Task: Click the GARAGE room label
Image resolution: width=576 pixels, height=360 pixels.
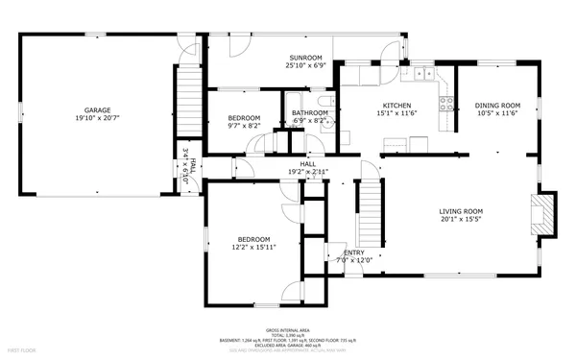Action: (x=97, y=110)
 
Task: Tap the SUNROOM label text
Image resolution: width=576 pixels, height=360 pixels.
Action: (x=306, y=58)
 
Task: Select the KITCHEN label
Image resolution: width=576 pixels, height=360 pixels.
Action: (x=397, y=106)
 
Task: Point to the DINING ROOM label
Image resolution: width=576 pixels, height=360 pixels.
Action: (x=497, y=106)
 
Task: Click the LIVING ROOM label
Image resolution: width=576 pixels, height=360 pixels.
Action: (x=461, y=211)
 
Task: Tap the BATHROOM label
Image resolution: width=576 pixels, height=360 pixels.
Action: (x=310, y=113)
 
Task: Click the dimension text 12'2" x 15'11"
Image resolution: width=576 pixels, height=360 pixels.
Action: (x=254, y=247)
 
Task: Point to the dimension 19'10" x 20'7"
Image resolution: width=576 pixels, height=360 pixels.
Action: (x=97, y=118)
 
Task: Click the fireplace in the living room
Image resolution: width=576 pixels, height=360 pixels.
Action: (x=544, y=213)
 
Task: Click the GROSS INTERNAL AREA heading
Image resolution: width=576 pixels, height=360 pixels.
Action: (x=286, y=328)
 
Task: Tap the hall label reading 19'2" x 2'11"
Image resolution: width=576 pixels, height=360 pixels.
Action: (x=308, y=172)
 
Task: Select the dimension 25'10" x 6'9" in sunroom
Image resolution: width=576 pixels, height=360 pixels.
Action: (x=306, y=65)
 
